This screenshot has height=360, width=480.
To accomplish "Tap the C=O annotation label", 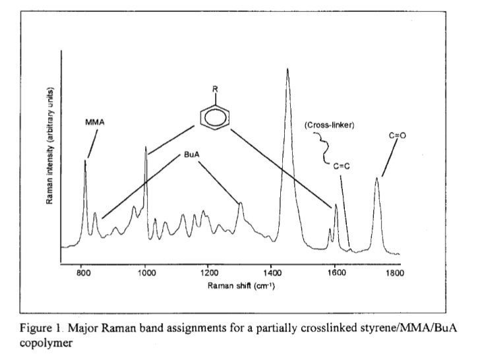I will (x=397, y=135).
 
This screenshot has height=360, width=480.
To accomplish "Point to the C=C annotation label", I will (x=341, y=166).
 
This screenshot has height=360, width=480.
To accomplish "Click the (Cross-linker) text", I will (x=330, y=125).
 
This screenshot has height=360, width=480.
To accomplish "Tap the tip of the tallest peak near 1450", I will (x=287, y=69).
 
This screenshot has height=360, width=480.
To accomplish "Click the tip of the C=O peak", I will (x=377, y=178).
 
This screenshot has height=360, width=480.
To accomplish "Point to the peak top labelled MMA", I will (x=85, y=161).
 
